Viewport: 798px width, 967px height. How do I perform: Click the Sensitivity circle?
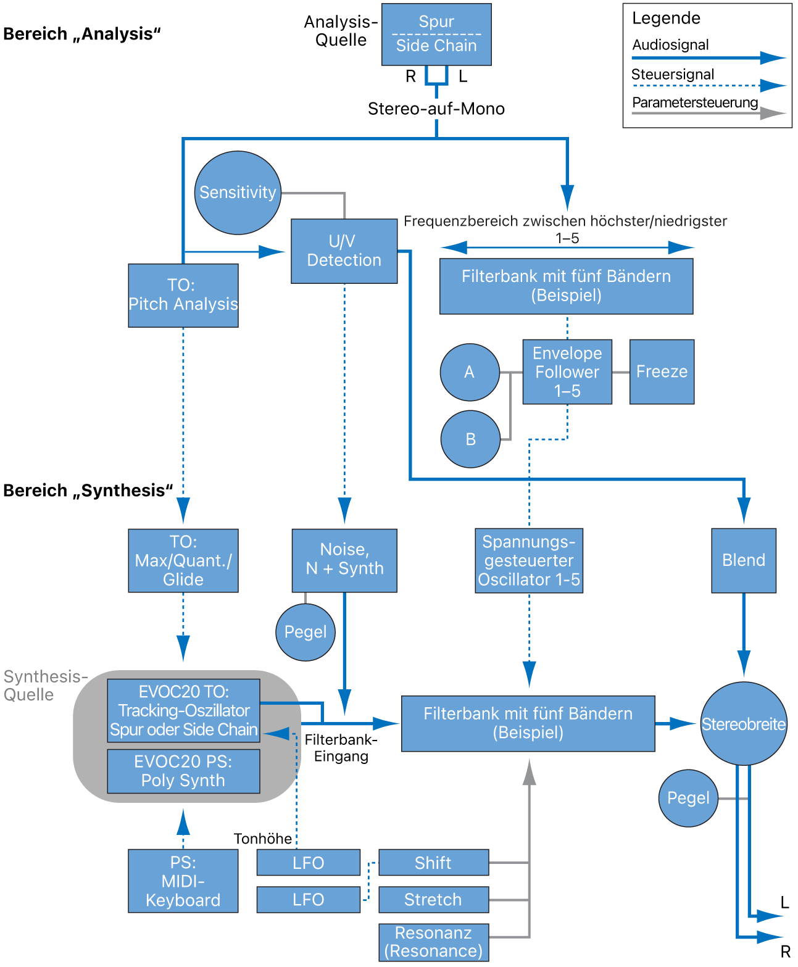point(238,193)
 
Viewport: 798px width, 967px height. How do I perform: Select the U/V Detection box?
point(344,251)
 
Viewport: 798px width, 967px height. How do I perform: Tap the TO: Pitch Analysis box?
point(183,295)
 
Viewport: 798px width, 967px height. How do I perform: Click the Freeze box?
point(662,371)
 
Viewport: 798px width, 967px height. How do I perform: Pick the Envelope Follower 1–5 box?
point(567,371)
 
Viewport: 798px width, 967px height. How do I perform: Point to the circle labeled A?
point(470,372)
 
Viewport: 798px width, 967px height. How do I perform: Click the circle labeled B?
point(470,439)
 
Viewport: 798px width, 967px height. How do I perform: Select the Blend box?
point(744,560)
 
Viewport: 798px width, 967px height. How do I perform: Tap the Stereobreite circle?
point(744,724)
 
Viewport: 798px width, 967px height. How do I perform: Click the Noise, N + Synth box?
point(344,560)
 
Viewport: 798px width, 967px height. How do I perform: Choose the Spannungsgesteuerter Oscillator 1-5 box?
point(529,560)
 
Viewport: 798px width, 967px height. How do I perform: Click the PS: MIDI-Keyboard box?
point(183,881)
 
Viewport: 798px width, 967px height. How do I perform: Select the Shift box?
point(433,863)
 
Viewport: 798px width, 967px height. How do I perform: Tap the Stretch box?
point(433,900)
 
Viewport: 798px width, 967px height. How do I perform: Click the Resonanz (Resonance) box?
point(433,942)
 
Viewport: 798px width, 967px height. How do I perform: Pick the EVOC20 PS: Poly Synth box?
point(183,771)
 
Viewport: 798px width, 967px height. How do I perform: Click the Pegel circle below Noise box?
point(305,632)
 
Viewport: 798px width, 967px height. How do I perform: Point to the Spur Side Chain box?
point(436,35)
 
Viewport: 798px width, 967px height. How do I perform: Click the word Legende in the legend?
point(666,19)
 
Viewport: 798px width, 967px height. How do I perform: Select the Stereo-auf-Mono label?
point(436,109)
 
